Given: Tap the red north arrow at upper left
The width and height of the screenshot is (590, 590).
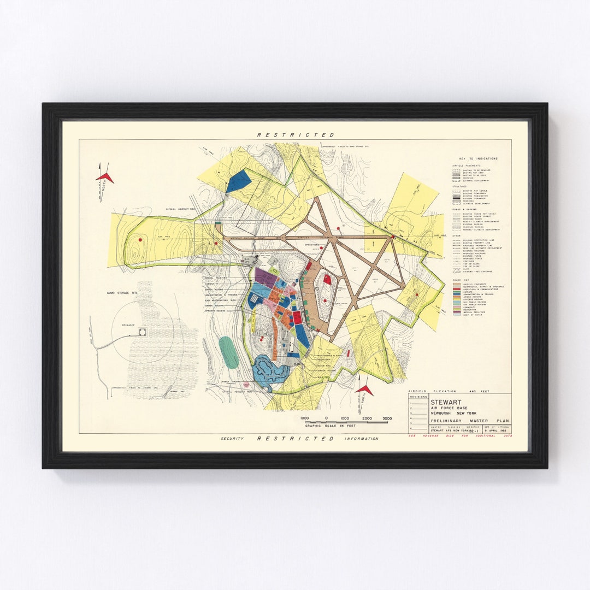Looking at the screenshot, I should click(x=105, y=176).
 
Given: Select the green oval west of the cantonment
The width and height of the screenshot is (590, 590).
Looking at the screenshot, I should click(x=228, y=352).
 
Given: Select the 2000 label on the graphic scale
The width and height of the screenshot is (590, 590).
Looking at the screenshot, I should click(x=367, y=418).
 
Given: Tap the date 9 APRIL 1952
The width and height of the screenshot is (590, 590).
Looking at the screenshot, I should click(x=498, y=431).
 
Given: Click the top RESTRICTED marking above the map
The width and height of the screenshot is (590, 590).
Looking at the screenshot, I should click(x=296, y=134).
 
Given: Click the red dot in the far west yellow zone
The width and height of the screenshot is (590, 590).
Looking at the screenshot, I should click(x=141, y=239).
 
